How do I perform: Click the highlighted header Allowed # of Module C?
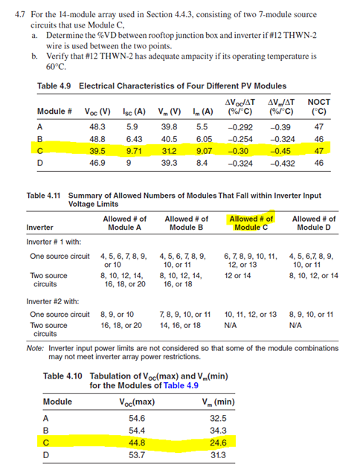(x=251, y=223)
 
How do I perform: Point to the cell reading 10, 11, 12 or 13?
(x=250, y=315)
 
